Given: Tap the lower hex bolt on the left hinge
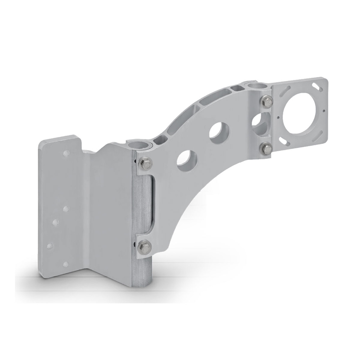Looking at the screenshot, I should pyautogui.click(x=143, y=246).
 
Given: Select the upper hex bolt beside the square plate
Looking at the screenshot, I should pyautogui.click(x=267, y=101).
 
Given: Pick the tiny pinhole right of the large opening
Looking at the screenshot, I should pyautogui.click(x=324, y=111).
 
